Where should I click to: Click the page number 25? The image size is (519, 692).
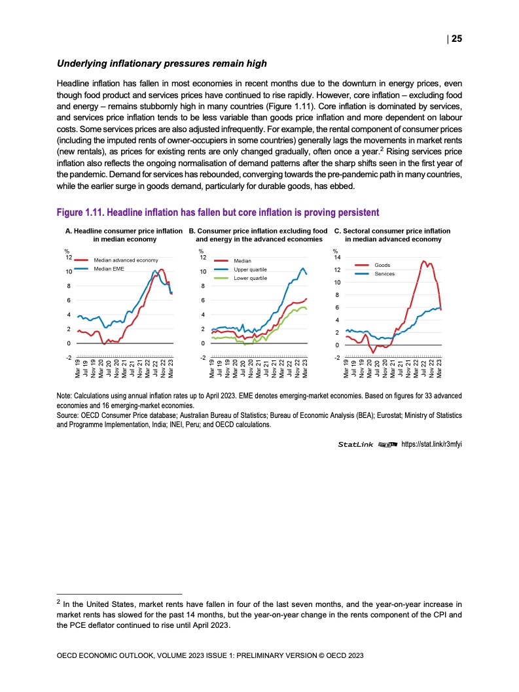[x=456, y=39]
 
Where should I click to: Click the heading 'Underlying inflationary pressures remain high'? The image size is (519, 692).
[x=162, y=63]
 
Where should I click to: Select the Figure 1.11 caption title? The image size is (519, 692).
[x=218, y=213]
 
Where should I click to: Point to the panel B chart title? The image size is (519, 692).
[x=258, y=235]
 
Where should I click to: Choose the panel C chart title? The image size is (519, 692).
[x=393, y=235]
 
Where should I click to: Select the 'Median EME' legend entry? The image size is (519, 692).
[x=109, y=269]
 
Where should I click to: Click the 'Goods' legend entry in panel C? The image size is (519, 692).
[x=382, y=265]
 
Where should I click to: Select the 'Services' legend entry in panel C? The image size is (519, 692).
[x=385, y=273]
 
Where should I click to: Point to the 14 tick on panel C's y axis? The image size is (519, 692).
[x=337, y=257]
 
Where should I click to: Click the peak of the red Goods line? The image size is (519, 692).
[x=424, y=260]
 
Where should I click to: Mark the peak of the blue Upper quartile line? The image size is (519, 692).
[x=302, y=268]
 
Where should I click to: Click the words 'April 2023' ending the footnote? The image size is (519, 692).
[x=211, y=625]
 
